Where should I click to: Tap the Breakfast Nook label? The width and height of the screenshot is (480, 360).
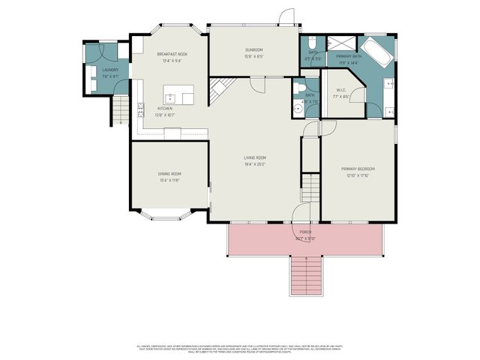172,54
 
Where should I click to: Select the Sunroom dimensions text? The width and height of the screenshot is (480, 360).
254,57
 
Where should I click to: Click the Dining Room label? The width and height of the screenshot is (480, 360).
169,174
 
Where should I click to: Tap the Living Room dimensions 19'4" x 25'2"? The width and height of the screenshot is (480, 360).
256,163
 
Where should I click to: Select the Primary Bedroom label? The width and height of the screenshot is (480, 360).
358,169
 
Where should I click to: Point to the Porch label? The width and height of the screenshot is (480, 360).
306,232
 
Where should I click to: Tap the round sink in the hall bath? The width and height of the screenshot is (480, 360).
298,108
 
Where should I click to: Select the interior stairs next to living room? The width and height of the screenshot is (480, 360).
310,186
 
